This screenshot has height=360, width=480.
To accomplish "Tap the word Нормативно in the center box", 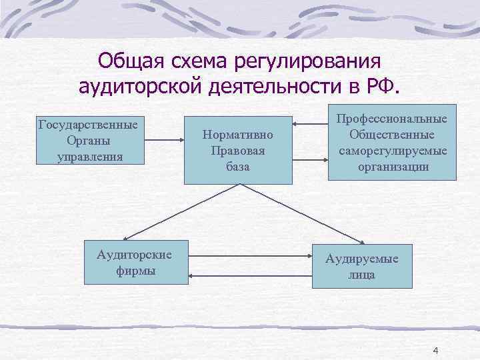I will (x=238, y=135).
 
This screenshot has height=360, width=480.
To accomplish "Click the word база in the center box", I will (x=238, y=166).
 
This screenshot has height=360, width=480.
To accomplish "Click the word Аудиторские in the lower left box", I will (x=135, y=255).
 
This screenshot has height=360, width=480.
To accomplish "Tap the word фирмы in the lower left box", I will (x=135, y=271).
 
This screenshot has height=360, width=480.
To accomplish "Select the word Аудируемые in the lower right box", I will (x=362, y=259).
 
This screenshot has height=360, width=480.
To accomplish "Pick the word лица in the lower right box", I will (x=362, y=275).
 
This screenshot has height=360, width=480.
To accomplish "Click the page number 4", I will (x=436, y=351).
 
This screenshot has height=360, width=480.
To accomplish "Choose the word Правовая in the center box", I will (x=238, y=151).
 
